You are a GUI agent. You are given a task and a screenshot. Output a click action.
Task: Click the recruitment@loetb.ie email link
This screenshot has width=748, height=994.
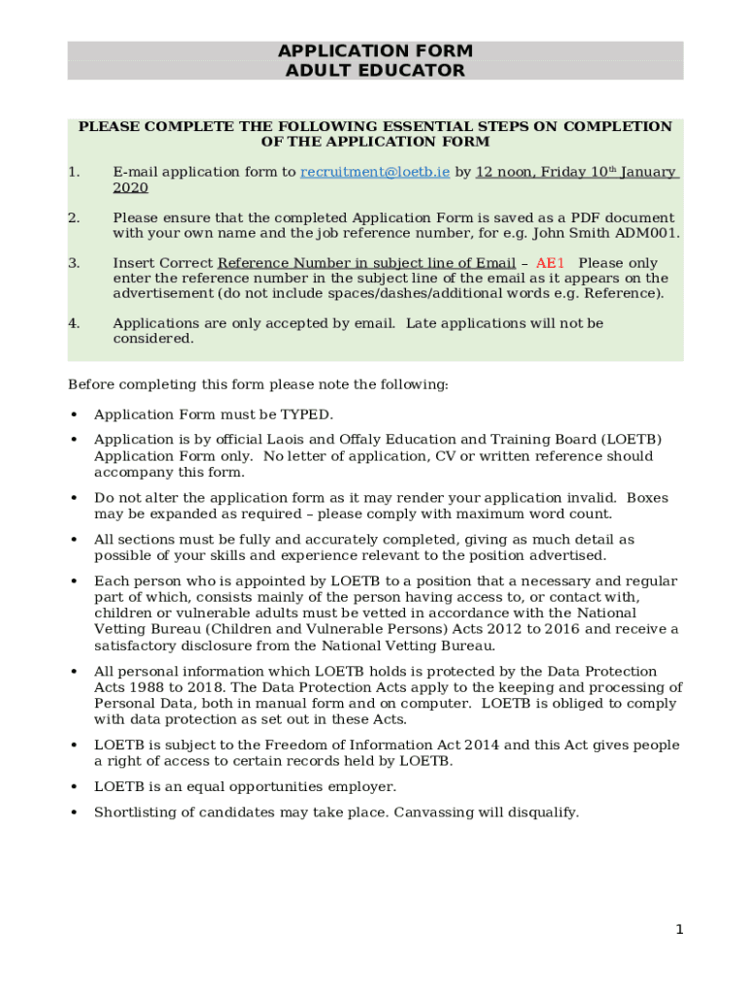(x=375, y=172)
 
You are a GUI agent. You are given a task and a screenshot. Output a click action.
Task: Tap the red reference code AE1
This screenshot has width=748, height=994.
(x=550, y=263)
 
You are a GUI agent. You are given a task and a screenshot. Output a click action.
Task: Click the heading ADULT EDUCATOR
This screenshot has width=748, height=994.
(x=375, y=71)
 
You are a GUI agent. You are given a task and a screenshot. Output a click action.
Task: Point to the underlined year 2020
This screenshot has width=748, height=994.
(x=130, y=188)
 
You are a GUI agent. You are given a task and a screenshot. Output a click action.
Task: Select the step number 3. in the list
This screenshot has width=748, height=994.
(x=74, y=263)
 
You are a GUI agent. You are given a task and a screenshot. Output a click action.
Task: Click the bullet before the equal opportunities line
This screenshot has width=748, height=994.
(x=74, y=787)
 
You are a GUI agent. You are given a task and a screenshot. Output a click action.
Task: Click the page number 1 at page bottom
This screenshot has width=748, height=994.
(x=680, y=930)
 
